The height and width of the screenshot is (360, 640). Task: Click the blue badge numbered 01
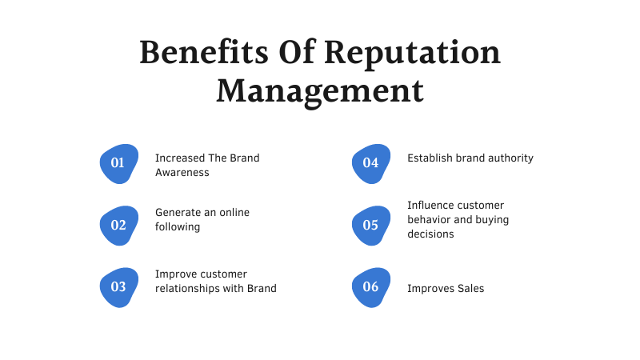pyautogui.click(x=118, y=163)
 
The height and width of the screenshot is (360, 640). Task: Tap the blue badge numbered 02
pyautogui.click(x=118, y=226)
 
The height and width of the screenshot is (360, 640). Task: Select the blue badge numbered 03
pyautogui.click(x=118, y=287)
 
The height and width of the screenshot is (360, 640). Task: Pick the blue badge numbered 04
pyautogui.click(x=371, y=163)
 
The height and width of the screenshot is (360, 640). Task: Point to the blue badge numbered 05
pyautogui.click(x=371, y=226)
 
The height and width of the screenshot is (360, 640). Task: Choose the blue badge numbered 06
pyautogui.click(x=371, y=287)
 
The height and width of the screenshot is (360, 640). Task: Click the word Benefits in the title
pyautogui.click(x=204, y=52)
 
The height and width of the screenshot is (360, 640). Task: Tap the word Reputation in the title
pyautogui.click(x=412, y=54)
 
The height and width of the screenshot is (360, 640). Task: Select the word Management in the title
pyautogui.click(x=320, y=92)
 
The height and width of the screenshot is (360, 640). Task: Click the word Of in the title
pyautogui.click(x=297, y=51)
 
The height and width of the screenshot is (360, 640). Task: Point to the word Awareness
pyautogui.click(x=182, y=173)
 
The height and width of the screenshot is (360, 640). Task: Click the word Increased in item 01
pyautogui.click(x=180, y=158)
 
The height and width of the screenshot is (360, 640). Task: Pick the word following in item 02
pyautogui.click(x=178, y=227)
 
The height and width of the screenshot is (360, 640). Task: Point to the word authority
pyautogui.click(x=510, y=158)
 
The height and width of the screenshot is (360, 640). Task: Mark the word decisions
pyautogui.click(x=430, y=234)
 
